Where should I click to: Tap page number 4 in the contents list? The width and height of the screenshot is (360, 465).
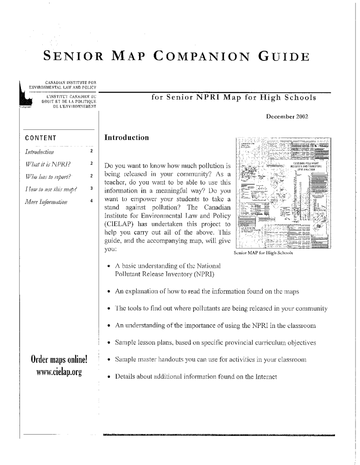click(x=92, y=200)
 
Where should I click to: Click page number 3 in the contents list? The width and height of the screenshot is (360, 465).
click(x=92, y=188)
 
